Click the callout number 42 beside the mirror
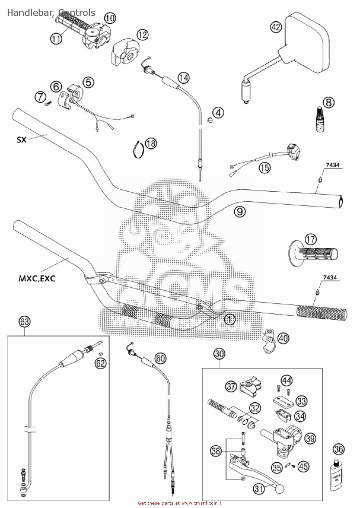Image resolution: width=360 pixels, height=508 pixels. (276, 27)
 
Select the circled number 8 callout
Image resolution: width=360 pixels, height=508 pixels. (328, 102)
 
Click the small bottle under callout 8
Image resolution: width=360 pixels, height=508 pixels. (319, 120)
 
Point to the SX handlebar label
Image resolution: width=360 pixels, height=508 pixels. (22, 140)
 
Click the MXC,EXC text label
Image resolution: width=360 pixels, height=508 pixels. (37, 279)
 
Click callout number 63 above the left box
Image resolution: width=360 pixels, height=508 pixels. (25, 321)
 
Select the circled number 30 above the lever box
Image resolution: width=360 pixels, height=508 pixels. (219, 354)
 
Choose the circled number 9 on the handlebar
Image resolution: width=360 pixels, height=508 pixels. (239, 212)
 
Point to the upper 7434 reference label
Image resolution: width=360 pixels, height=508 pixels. (332, 165)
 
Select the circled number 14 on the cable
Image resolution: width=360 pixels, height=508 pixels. (184, 78)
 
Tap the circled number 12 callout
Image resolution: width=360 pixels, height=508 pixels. (143, 35)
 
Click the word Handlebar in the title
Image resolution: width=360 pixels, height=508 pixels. (29, 13)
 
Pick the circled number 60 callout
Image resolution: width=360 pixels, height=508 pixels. (161, 358)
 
